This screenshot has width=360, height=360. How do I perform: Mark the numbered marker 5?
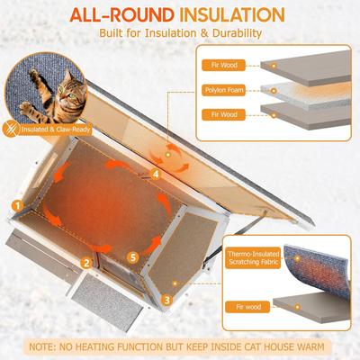134,256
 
